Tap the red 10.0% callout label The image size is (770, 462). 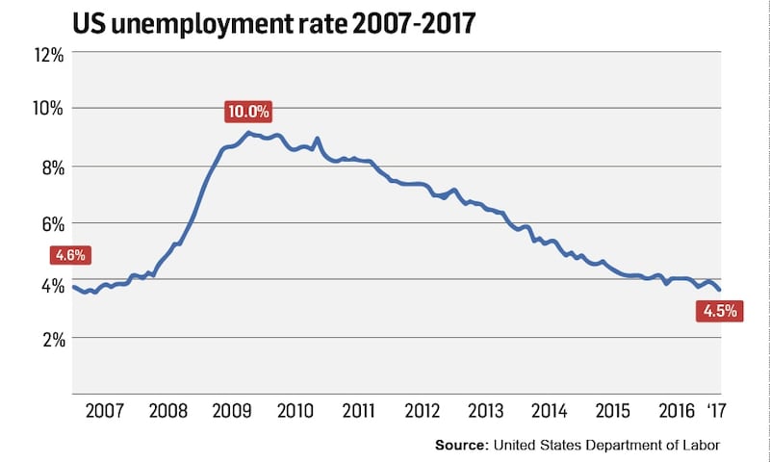coord(249,112)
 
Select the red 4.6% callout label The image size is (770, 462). coord(69,256)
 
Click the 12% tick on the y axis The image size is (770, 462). coord(45,54)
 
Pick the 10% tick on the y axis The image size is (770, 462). coord(45,109)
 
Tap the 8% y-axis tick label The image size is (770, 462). coord(49,167)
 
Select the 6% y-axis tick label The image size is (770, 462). coord(49,223)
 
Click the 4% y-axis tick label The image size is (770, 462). coord(49,280)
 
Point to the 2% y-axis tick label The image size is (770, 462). coord(49,338)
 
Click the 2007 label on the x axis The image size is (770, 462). coord(104,412)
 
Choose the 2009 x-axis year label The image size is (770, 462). coord(232,412)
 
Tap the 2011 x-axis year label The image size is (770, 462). coord(358,412)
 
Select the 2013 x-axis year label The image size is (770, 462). coord(485,412)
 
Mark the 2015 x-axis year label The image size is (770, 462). coord(612,412)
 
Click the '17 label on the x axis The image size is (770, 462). coord(716,412)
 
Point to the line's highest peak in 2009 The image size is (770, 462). coord(248,133)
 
